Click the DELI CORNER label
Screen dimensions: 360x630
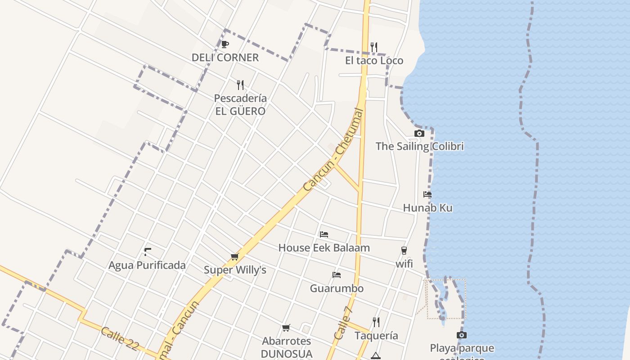tap(225, 58)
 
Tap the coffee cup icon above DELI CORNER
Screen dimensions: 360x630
tap(225, 44)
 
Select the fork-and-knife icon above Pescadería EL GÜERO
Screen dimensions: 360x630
tap(240, 85)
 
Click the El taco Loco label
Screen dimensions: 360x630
tap(374, 61)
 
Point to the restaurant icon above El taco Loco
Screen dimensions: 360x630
tap(373, 47)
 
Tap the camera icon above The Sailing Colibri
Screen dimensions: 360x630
tap(419, 133)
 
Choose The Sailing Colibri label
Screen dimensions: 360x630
tap(419, 146)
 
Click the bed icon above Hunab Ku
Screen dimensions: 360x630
tap(427, 194)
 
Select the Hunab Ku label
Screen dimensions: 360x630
tap(427, 208)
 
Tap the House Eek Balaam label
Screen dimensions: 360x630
tap(324, 247)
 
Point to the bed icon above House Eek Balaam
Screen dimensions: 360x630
tap(324, 234)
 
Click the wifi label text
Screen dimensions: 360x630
tap(404, 264)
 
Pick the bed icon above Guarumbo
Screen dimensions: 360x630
tap(337, 275)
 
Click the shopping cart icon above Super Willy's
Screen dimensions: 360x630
tap(234, 257)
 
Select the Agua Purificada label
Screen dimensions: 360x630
tap(147, 265)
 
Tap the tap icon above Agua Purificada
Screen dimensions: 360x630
tap(147, 252)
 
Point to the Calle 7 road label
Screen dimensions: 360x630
tap(343, 323)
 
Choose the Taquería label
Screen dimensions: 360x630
tap(376, 336)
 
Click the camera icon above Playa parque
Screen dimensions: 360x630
tap(461, 335)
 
